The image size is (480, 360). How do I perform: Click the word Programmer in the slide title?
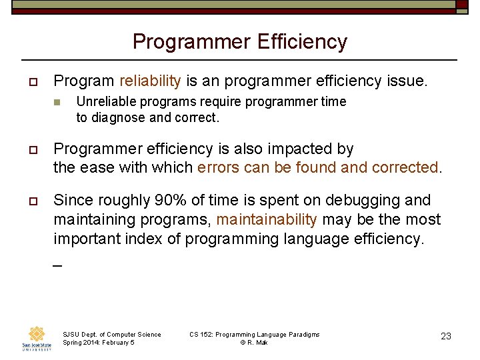point(187,42)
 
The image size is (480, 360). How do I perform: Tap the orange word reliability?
point(150,81)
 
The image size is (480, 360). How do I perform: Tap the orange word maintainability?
point(267,219)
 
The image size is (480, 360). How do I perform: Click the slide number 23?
point(446,336)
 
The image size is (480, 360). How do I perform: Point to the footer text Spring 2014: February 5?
point(99,343)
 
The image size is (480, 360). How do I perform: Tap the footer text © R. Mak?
point(254,343)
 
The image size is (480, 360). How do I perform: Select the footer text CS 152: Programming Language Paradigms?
point(254,334)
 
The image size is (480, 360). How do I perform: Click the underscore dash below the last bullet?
point(57,265)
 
